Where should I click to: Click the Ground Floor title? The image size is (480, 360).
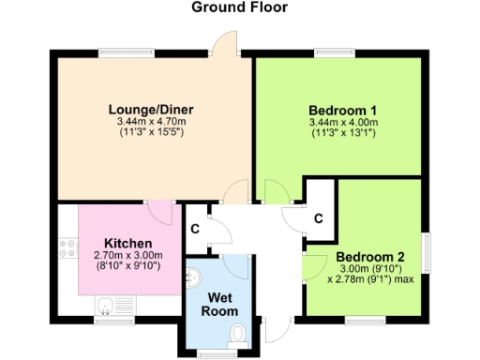coord(239,7)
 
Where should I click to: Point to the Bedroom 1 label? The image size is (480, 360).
coord(342,109)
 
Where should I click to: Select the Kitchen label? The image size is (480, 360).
coord(128,242)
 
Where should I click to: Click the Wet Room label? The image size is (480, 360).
coord(222,303)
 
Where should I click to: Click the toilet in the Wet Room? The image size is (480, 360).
coord(238,333)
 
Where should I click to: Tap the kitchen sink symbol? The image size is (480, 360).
coord(106,305)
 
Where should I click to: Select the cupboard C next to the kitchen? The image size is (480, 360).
coord(195,229)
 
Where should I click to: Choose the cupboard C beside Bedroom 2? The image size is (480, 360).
coord(319,218)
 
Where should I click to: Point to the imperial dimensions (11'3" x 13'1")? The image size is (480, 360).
coord(342,133)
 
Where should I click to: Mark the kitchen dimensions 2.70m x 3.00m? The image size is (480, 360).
coord(128,255)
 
